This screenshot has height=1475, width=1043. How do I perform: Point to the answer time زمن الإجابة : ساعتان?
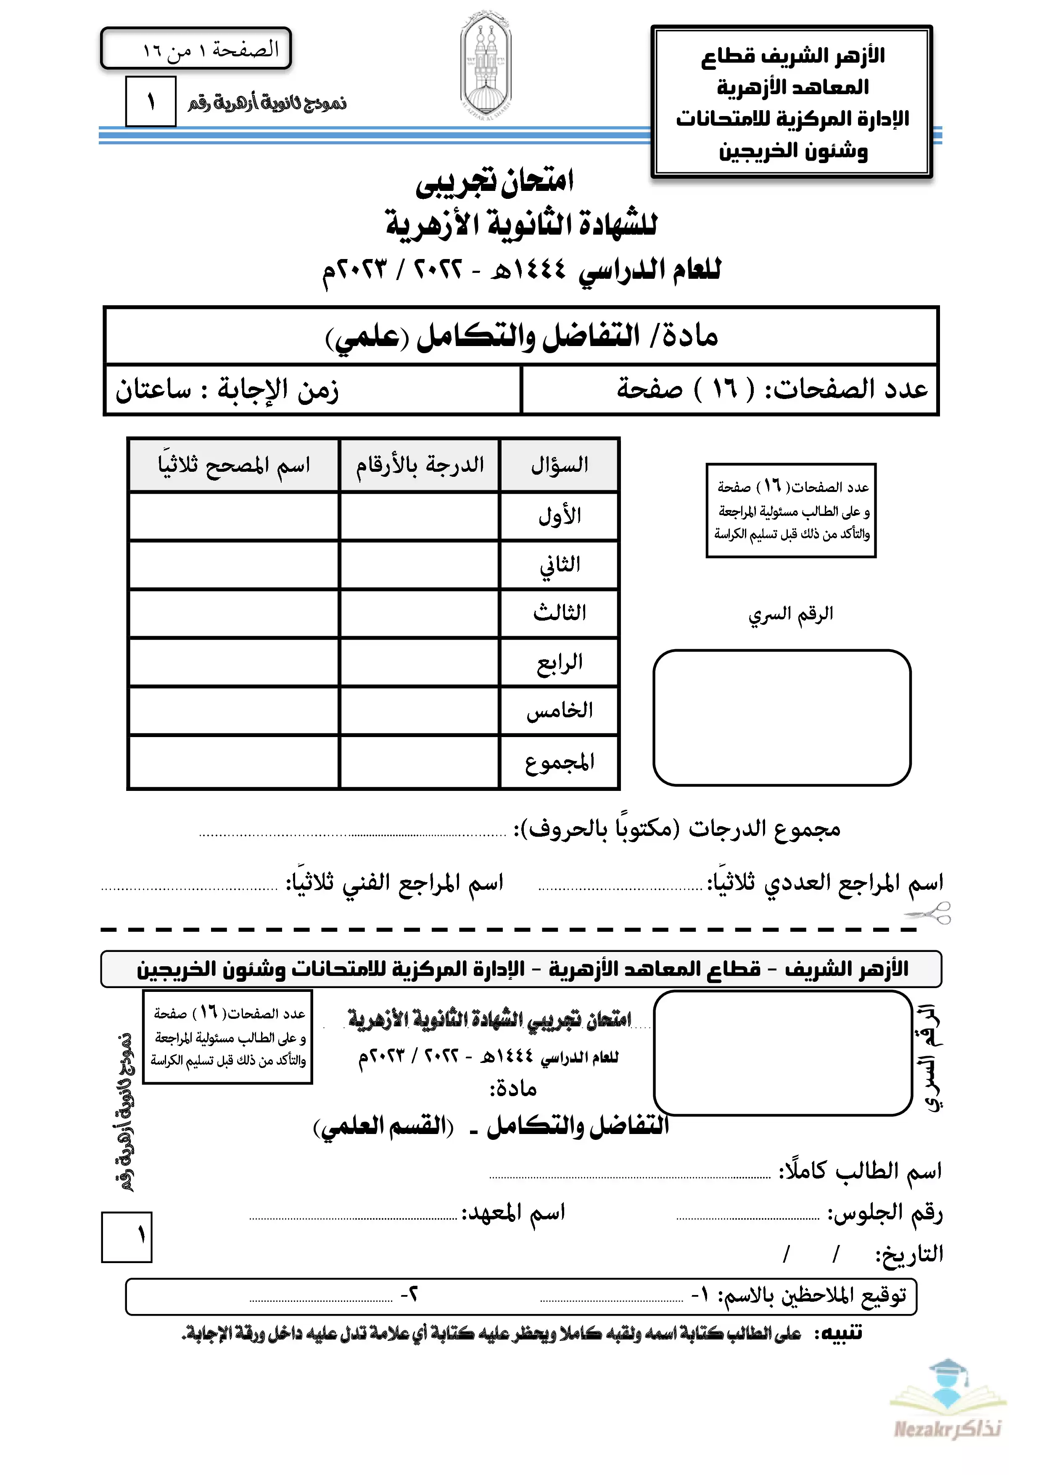tap(227, 390)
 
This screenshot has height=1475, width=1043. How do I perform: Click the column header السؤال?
tap(559, 465)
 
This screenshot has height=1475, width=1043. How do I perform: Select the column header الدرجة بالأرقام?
tap(420, 465)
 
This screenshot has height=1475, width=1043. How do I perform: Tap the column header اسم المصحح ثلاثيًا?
tap(234, 465)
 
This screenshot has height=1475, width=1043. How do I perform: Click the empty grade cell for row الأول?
tap(420, 516)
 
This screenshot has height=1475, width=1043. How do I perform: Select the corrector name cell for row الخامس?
tap(234, 711)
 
